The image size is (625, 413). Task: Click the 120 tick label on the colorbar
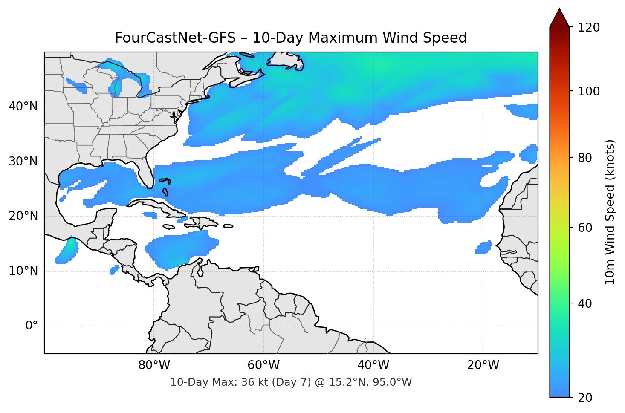(588, 27)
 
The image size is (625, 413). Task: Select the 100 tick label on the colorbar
(588, 91)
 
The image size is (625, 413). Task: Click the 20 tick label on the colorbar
(585, 398)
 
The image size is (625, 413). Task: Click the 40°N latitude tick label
(23, 107)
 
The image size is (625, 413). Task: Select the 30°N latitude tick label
(23, 162)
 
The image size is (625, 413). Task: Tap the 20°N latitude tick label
(23, 216)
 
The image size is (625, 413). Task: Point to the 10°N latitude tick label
(23, 271)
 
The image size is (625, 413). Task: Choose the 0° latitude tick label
(31, 326)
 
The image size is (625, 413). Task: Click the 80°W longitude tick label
(154, 365)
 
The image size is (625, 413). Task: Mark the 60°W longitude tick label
(263, 365)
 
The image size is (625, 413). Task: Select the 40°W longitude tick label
(373, 365)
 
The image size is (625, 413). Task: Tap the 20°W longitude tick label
(483, 365)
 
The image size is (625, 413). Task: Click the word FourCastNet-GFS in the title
(175, 38)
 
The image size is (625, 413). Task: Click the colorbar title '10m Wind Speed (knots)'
(610, 212)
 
